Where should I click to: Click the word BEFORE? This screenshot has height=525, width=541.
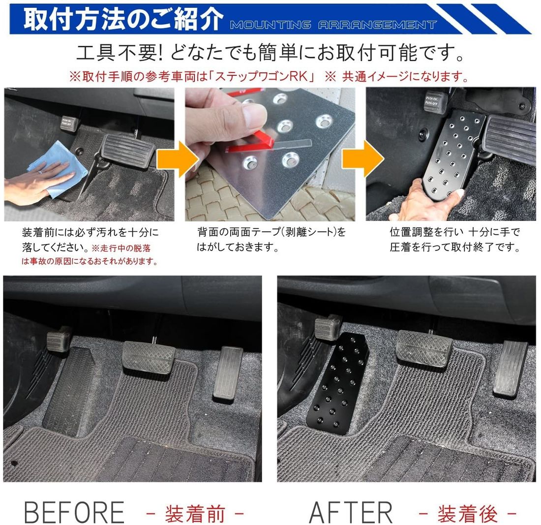74,512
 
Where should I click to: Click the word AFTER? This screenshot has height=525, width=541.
351,512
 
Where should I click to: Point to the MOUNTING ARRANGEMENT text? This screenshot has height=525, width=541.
333,25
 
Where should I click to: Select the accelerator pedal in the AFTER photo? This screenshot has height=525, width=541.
510,366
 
